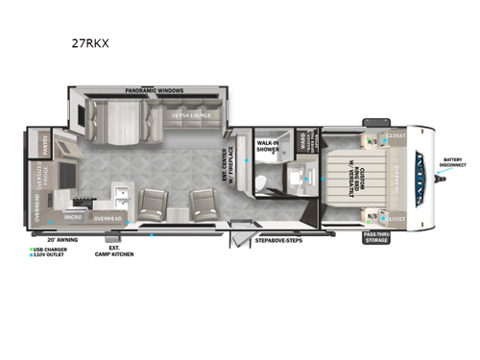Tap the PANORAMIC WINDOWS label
coord(154,90)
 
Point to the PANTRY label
coord(44,145)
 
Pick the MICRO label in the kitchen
coord(72,218)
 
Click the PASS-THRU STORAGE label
coord(376,237)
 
